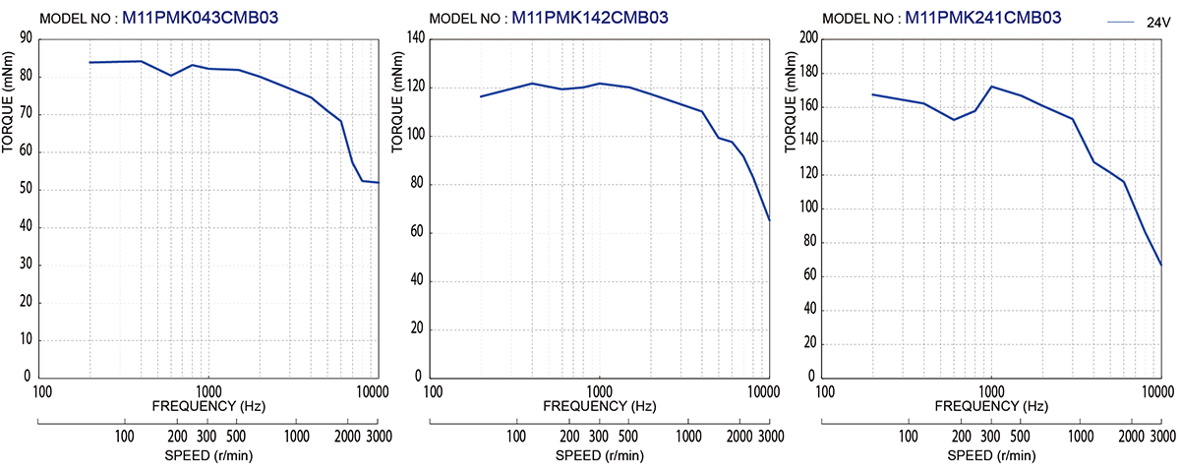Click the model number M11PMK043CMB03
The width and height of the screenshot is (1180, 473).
[202, 18]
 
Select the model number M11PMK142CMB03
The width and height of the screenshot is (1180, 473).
[590, 18]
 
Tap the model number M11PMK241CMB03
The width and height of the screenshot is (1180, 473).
[982, 18]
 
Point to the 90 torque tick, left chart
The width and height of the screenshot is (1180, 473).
[26, 38]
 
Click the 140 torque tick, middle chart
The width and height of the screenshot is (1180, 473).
[416, 38]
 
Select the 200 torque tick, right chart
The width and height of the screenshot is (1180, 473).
[806, 38]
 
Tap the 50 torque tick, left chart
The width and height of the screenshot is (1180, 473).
[26, 190]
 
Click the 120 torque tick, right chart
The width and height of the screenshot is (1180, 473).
[806, 174]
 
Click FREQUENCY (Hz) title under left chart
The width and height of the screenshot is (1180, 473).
[207, 406]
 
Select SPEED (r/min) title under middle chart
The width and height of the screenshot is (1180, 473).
[599, 455]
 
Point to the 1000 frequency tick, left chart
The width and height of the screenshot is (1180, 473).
[207, 390]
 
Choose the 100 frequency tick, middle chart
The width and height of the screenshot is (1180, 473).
[433, 390]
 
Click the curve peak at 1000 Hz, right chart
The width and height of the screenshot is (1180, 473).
[991, 87]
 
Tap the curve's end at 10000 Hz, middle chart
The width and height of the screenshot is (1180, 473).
[769, 219]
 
